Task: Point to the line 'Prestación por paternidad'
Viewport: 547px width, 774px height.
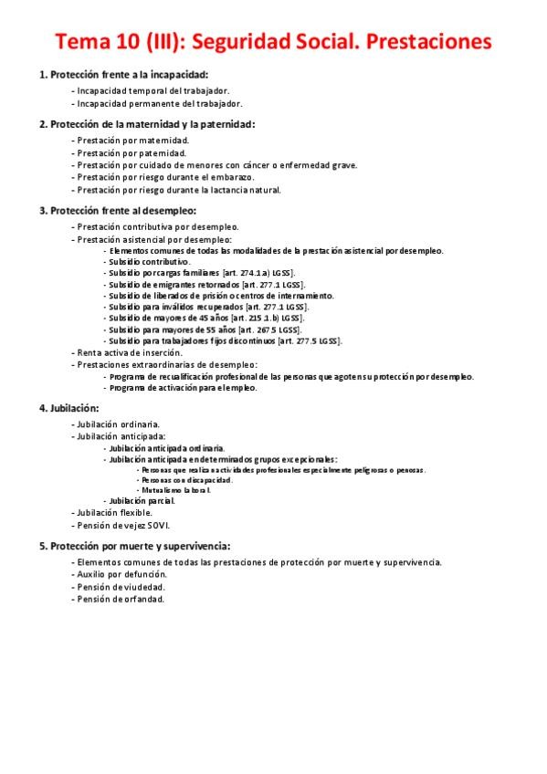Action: [x=133, y=153]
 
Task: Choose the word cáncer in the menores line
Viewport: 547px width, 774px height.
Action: [x=258, y=165]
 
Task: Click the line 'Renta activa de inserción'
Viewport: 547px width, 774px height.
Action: [x=130, y=352]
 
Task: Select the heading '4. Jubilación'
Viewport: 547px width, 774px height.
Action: [x=69, y=408]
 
